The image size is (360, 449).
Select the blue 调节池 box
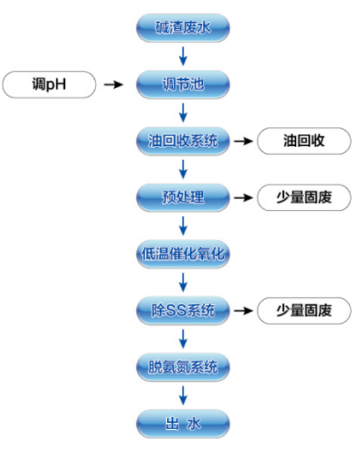pyautogui.click(x=183, y=85)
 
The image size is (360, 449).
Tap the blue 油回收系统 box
pyautogui.click(x=183, y=142)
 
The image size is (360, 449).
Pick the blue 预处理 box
pyautogui.click(x=183, y=197)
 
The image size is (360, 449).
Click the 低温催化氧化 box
pyautogui.click(x=183, y=254)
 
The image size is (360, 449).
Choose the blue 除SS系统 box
pyautogui.click(x=183, y=310)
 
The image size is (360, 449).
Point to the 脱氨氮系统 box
pyautogui.click(x=183, y=367)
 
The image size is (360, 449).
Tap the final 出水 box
pyautogui.click(x=183, y=424)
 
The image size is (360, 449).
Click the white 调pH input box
pyautogui.click(x=49, y=85)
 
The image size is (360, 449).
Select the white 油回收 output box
pyautogui.click(x=304, y=142)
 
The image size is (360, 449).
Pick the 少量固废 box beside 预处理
pyautogui.click(x=304, y=197)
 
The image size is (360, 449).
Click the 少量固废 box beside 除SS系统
pyautogui.click(x=304, y=310)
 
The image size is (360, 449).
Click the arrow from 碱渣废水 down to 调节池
pyautogui.click(x=184, y=56)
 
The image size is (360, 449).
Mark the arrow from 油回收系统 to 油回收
pyautogui.click(x=242, y=142)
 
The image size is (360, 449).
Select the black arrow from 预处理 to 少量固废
pyautogui.click(x=242, y=197)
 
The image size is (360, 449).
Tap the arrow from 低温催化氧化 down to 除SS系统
pyautogui.click(x=184, y=282)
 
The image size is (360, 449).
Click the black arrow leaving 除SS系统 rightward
pyautogui.click(x=242, y=310)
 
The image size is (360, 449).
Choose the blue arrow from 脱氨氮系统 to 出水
pyautogui.click(x=184, y=395)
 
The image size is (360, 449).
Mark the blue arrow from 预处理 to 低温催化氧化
pyautogui.click(x=184, y=226)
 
